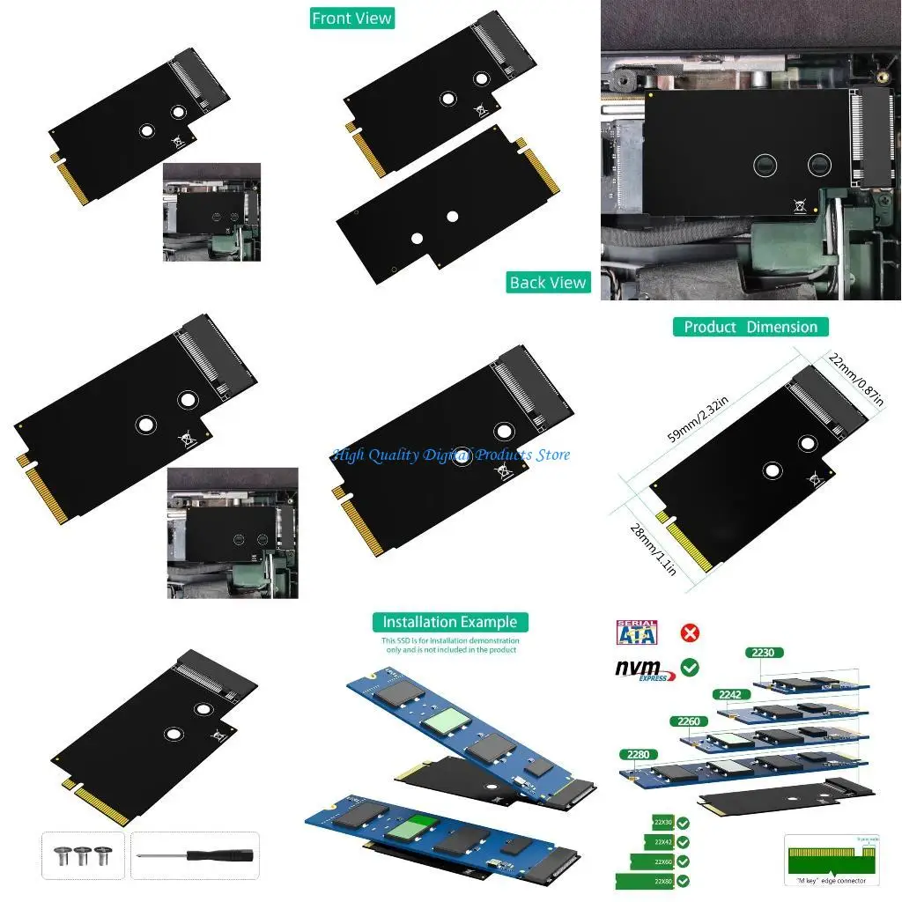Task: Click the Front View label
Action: coord(351,18)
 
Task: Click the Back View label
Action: coord(547,283)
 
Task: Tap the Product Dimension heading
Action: coord(750,327)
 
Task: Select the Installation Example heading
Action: coord(450,622)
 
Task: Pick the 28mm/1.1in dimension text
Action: coord(653,548)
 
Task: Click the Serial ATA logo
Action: coord(637,633)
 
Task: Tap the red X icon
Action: coord(690,632)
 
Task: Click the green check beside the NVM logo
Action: coord(690,668)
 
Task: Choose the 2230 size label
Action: coord(763,653)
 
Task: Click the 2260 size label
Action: coord(688,721)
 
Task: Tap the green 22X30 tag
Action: coord(662,823)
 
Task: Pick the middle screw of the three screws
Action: coord(83,854)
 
